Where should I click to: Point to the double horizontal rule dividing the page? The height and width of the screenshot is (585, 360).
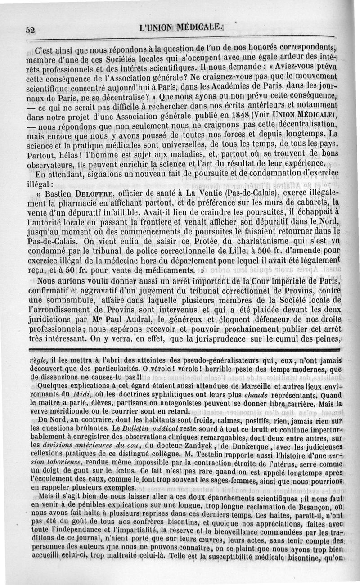tap(180, 350)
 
